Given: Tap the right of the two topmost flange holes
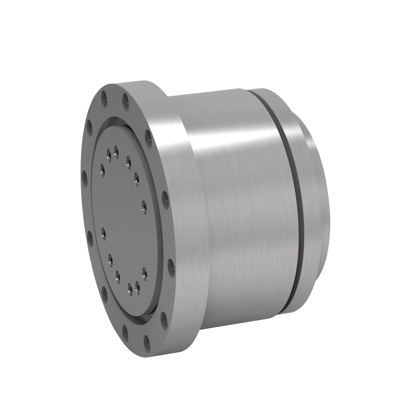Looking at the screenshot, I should [125, 98].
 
